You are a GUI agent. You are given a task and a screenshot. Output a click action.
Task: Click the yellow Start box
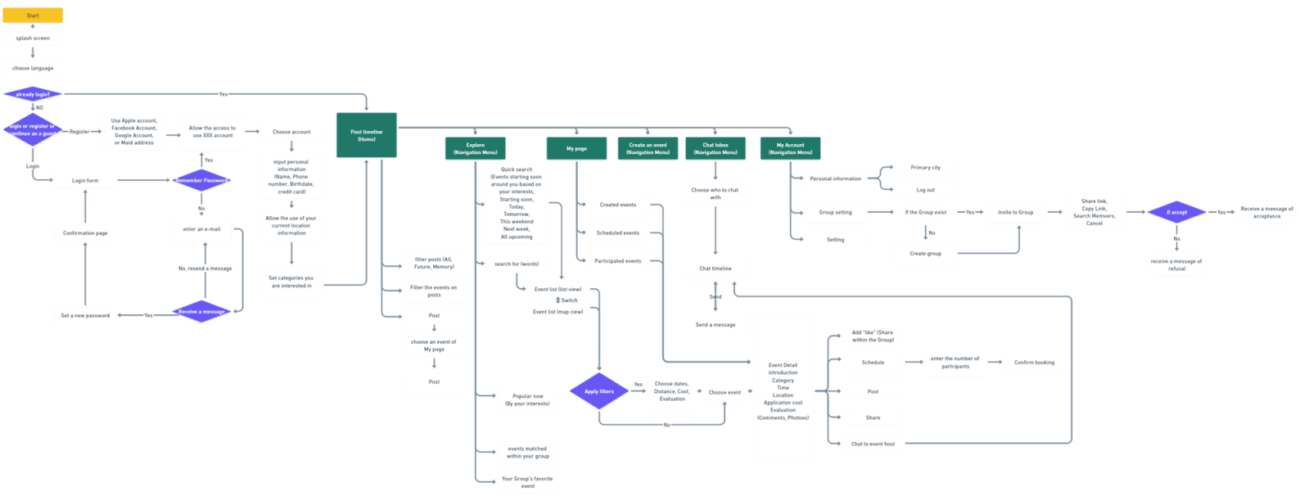click(33, 16)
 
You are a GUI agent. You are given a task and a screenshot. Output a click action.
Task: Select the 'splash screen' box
click(33, 38)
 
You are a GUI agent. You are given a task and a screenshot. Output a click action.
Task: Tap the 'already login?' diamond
click(33, 94)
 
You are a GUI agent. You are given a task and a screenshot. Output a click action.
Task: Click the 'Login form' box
click(85, 181)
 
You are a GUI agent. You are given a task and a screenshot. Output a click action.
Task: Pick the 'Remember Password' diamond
click(201, 180)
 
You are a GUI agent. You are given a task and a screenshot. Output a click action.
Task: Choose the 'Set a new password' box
click(85, 315)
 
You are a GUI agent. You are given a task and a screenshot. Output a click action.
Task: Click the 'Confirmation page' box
click(85, 233)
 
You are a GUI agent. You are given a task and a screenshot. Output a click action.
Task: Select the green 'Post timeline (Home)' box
click(366, 135)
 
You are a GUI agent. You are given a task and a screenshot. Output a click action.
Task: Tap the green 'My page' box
click(576, 148)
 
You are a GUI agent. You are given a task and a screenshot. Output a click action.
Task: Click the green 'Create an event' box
click(648, 148)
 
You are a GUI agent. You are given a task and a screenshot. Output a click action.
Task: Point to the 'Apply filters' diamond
click(599, 391)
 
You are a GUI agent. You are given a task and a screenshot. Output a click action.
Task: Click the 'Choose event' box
click(724, 392)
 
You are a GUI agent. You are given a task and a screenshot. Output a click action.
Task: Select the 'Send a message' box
click(715, 325)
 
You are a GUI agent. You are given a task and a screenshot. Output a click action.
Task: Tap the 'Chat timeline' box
click(715, 269)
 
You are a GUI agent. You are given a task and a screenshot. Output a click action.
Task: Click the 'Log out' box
click(925, 190)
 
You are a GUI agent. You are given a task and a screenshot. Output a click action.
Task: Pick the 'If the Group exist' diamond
click(925, 212)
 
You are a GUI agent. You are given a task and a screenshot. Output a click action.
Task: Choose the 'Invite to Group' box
click(1015, 212)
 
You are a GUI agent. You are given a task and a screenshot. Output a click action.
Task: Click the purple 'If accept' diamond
click(1176, 212)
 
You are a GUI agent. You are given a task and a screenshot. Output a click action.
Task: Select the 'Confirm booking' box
click(1034, 362)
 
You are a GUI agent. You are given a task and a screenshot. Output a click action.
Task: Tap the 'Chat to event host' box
click(873, 444)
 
